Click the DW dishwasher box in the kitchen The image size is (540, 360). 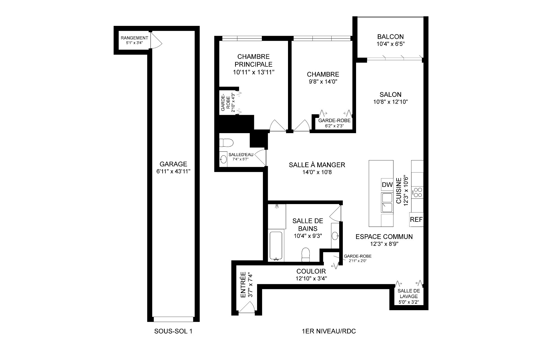tap(387, 185)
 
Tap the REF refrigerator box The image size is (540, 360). tap(416, 220)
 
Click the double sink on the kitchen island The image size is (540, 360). tap(387, 203)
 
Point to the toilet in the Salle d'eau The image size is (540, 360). tap(227, 143)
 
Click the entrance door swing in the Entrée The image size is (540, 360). tap(247, 307)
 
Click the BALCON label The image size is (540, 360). tap(390, 37)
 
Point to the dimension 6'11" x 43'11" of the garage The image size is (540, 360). tap(173, 171)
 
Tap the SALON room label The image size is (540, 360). tap(390, 95)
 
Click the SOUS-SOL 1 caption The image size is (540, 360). tap(173, 331)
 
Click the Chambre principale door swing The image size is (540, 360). tap(277, 126)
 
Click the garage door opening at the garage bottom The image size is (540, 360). tap(174, 319)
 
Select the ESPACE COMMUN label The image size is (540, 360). tap(384, 237)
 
